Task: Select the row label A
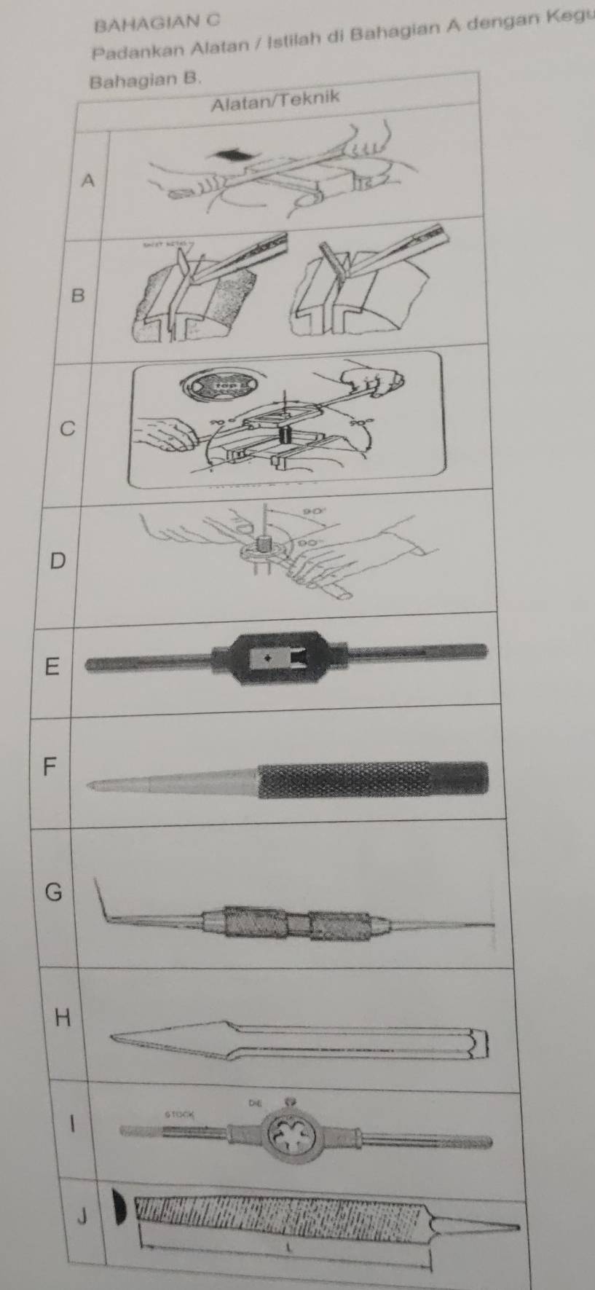coord(88,180)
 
